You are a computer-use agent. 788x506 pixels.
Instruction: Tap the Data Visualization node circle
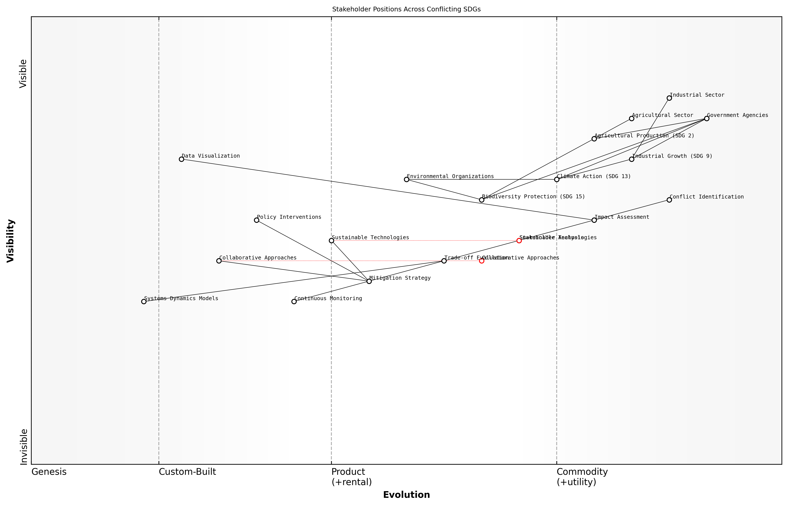[181, 159]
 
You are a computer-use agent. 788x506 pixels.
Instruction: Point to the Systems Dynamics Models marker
[144, 301]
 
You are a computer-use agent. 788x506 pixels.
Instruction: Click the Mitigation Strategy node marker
[369, 281]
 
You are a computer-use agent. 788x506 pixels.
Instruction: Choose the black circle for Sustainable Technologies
[331, 241]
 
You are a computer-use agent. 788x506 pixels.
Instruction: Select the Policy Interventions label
[289, 217]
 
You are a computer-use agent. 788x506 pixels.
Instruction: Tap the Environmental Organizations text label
[450, 176]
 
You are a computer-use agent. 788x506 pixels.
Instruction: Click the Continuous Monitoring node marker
[294, 301]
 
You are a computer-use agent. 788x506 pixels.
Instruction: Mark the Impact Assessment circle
[594, 220]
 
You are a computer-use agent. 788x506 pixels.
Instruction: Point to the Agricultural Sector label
[662, 115]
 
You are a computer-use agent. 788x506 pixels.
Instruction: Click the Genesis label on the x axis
[49, 472]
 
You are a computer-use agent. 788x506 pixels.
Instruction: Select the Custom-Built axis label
[187, 472]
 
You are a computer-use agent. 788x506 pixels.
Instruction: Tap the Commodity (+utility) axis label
[582, 477]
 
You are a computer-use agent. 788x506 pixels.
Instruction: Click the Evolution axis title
[406, 495]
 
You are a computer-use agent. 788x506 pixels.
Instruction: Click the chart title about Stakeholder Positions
[406, 9]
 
